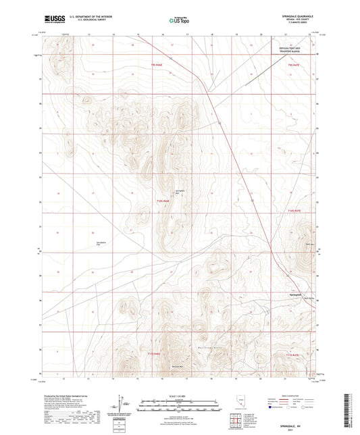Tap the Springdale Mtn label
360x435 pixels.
tap(180, 190)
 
